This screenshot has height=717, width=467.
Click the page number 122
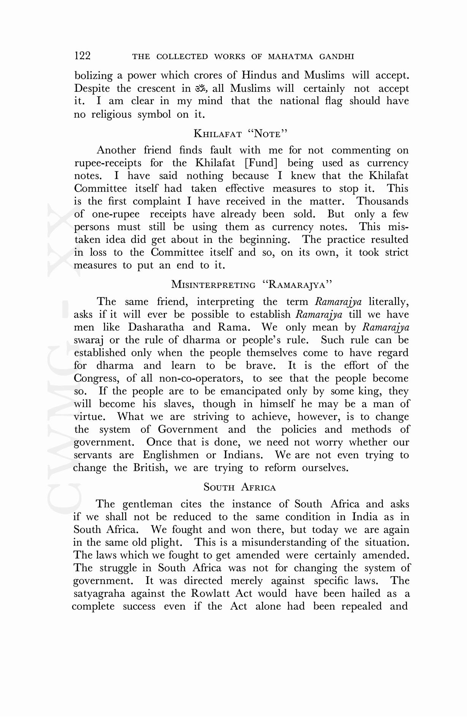(x=82, y=56)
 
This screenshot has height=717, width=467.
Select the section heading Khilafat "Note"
(x=240, y=134)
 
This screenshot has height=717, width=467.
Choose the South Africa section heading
(x=240, y=487)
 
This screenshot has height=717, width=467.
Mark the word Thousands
(x=383, y=201)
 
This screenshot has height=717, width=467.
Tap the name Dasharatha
(x=156, y=327)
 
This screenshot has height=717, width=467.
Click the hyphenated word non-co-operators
(x=201, y=378)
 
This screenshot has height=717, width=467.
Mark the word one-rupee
(x=116, y=214)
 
